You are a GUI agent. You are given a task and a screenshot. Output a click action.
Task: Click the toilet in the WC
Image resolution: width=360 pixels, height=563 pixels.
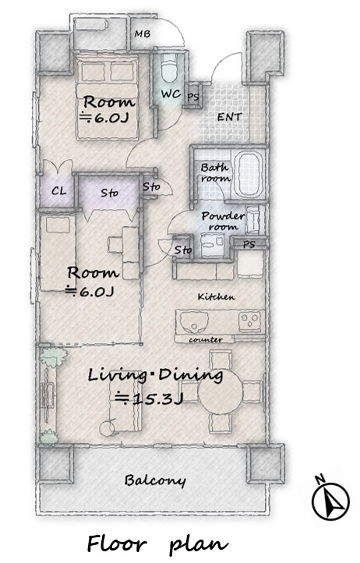[x=169, y=69]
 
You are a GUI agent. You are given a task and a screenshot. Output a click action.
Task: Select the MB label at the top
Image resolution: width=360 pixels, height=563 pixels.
[x=142, y=34]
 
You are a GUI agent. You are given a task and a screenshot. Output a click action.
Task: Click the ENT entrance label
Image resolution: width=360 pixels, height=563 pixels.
[x=230, y=117]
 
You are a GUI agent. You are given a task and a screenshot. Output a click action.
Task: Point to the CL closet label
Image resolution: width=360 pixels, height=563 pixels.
[x=59, y=191]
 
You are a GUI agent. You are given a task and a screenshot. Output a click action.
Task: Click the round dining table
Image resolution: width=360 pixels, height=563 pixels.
[x=221, y=391]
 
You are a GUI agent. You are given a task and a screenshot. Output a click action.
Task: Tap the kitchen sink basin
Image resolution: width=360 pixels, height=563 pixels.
[x=194, y=322]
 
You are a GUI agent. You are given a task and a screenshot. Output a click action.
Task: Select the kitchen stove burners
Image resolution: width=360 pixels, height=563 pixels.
[x=250, y=320]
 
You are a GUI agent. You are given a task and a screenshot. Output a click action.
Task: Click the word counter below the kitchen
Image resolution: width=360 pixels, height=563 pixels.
[x=206, y=339]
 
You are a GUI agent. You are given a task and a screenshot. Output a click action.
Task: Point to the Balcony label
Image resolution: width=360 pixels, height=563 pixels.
[x=155, y=480]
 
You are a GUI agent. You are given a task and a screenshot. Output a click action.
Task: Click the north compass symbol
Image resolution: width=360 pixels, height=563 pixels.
[x=330, y=499]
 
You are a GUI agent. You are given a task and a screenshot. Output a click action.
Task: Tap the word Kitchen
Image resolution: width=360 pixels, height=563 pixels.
[x=217, y=296]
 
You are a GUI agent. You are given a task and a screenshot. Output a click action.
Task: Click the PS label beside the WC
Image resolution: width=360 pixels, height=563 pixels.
[x=193, y=97]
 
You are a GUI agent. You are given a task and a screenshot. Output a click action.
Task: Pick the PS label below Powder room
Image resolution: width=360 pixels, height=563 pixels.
[x=249, y=245]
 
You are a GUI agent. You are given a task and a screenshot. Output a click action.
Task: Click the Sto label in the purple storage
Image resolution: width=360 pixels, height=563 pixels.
[x=109, y=193]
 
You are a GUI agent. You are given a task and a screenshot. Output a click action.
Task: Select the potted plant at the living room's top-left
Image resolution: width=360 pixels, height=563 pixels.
[x=54, y=357]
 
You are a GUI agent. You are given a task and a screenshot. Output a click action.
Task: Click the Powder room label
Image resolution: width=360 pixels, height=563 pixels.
[x=223, y=221]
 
